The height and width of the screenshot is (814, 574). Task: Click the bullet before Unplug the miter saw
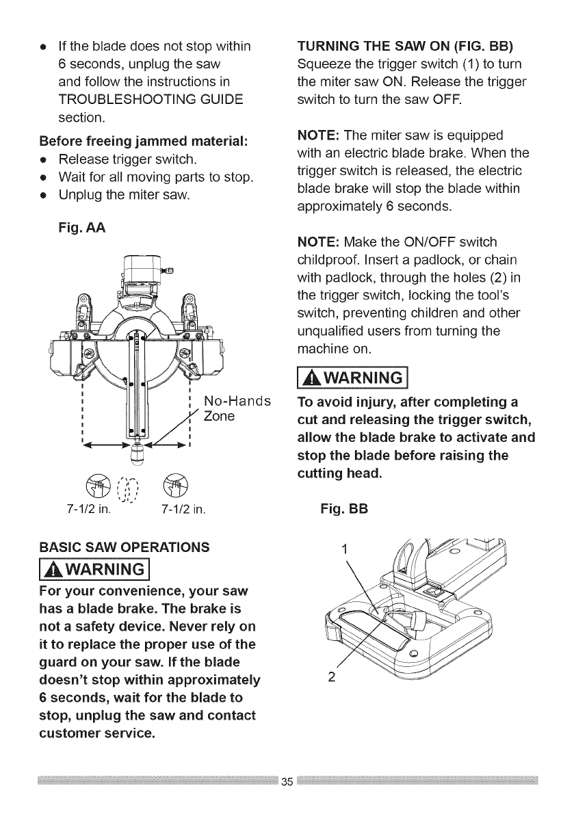tap(44, 194)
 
